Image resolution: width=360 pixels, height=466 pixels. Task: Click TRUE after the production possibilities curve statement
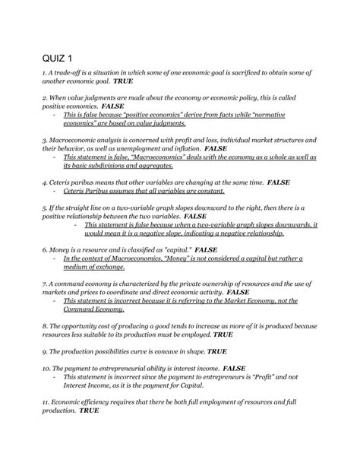click(x=217, y=353)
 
